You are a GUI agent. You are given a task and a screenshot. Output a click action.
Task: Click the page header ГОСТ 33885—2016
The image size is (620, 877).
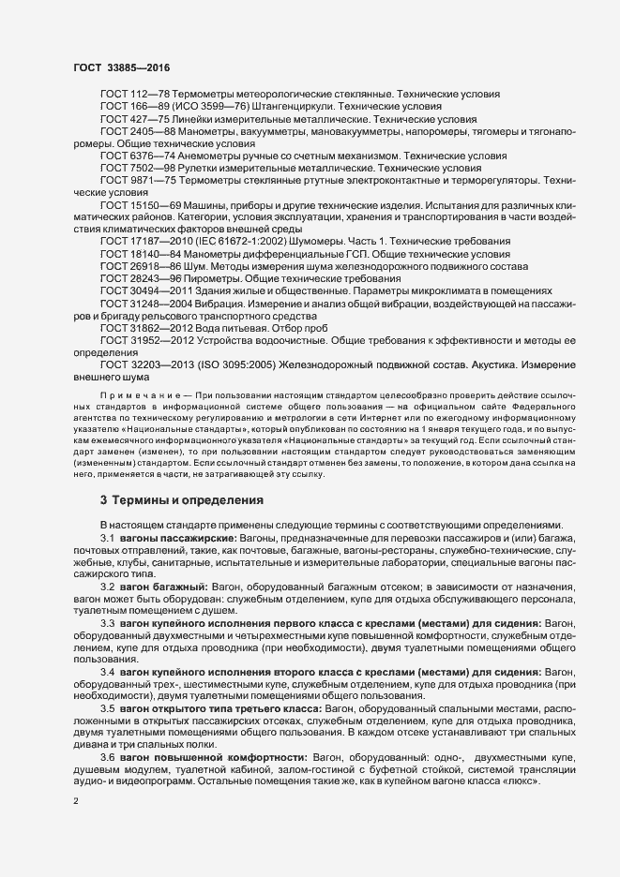[x=122, y=67]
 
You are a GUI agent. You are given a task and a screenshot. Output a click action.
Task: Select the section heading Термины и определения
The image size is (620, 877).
[x=180, y=500]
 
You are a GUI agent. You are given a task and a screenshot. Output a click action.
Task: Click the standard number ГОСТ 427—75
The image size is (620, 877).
[x=131, y=121]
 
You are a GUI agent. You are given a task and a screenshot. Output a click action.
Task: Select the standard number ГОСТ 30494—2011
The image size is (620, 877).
[x=140, y=291]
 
